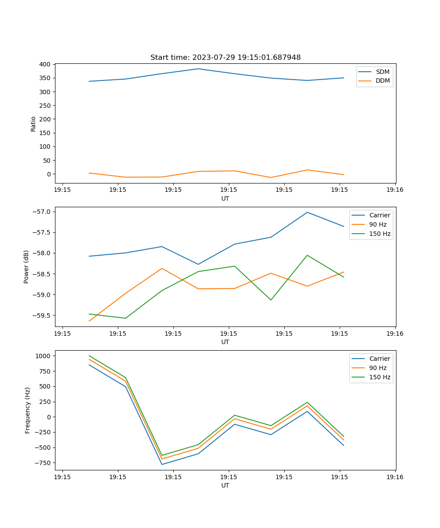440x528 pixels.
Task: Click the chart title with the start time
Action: point(225,58)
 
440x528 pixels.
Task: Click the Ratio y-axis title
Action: point(33,124)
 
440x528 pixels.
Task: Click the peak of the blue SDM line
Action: point(198,69)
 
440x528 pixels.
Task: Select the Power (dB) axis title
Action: point(26,267)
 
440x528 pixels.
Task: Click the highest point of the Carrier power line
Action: point(307,212)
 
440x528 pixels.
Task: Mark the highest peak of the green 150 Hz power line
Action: point(307,255)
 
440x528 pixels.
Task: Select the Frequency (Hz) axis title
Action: point(27,410)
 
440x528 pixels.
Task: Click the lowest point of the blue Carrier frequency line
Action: point(162,464)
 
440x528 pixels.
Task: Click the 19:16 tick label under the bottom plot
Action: point(395,477)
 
